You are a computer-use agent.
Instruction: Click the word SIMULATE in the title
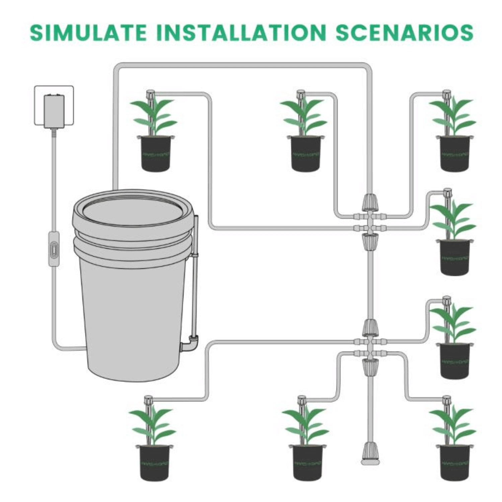88,32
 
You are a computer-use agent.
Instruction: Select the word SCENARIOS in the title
404,32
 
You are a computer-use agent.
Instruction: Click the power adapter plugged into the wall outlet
54,111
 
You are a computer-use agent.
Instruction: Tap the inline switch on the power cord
54,249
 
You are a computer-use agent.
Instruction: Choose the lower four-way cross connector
370,347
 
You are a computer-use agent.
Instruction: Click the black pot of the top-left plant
156,154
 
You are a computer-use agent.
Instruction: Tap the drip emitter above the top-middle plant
301,94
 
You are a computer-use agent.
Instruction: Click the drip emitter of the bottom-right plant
446,400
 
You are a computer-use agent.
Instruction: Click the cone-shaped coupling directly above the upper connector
370,202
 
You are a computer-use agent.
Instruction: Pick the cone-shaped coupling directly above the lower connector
370,328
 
